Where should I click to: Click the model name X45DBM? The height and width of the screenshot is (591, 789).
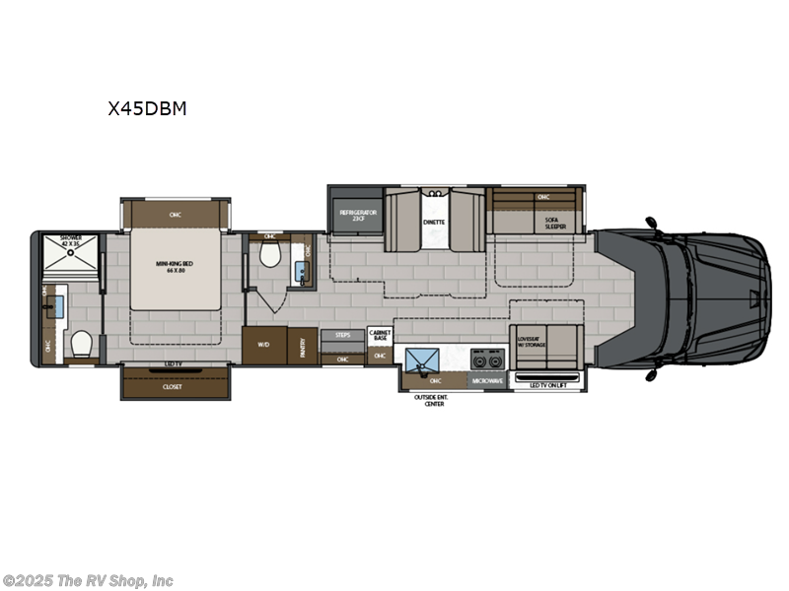pyautogui.click(x=147, y=109)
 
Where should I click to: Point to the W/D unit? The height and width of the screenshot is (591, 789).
pyautogui.click(x=263, y=345)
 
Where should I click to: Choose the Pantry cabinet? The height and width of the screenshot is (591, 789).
pyautogui.click(x=302, y=345)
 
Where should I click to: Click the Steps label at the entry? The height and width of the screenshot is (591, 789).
pyautogui.click(x=342, y=335)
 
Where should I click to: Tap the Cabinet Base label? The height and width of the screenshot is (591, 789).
pyautogui.click(x=380, y=335)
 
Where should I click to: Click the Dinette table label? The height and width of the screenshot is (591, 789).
pyautogui.click(x=434, y=222)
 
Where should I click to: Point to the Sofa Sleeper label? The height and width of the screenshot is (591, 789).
pyautogui.click(x=556, y=223)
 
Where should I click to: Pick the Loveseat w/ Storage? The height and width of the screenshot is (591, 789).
pyautogui.click(x=531, y=342)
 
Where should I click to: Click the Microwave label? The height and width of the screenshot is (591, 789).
pyautogui.click(x=488, y=378)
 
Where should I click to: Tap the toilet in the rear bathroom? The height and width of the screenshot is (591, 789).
pyautogui.click(x=82, y=344)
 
